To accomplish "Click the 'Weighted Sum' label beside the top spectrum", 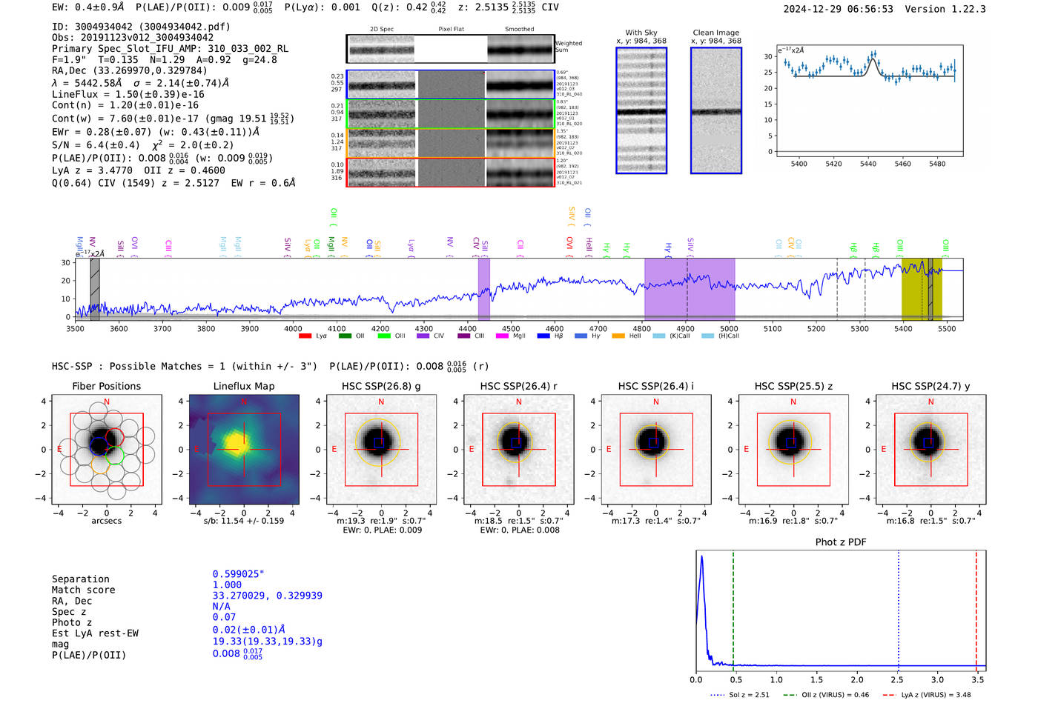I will (568, 47).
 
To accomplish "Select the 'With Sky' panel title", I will (641, 33).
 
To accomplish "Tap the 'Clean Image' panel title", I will (715, 33).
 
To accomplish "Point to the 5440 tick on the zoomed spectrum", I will (867, 164).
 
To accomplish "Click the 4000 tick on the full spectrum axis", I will (293, 329).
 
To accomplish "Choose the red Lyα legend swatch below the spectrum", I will (305, 336).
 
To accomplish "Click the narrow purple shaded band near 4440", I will (483, 288).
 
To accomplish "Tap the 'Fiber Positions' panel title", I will (106, 386).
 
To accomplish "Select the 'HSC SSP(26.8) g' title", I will (381, 386).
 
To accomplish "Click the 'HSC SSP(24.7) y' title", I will (930, 386).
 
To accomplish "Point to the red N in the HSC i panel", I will (656, 402).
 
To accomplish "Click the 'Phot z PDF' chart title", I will (841, 542).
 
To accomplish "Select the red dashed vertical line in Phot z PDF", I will (976, 607).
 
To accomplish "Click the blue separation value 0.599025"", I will (239, 574).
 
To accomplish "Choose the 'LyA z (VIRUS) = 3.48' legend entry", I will (936, 695).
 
